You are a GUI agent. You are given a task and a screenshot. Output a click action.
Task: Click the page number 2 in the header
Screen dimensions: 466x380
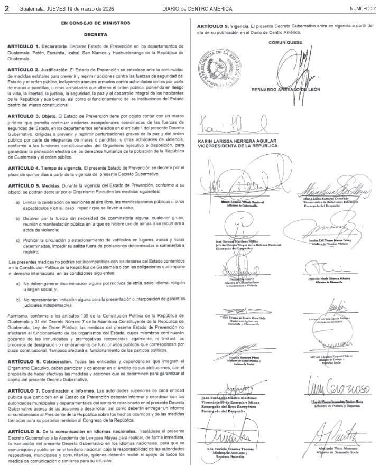[6, 7]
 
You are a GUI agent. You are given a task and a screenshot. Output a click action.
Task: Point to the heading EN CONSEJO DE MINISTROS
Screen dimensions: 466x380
[95, 23]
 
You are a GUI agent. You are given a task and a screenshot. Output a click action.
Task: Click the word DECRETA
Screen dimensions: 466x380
[95, 34]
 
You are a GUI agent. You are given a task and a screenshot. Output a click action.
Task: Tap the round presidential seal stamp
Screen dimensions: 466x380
[222, 66]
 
